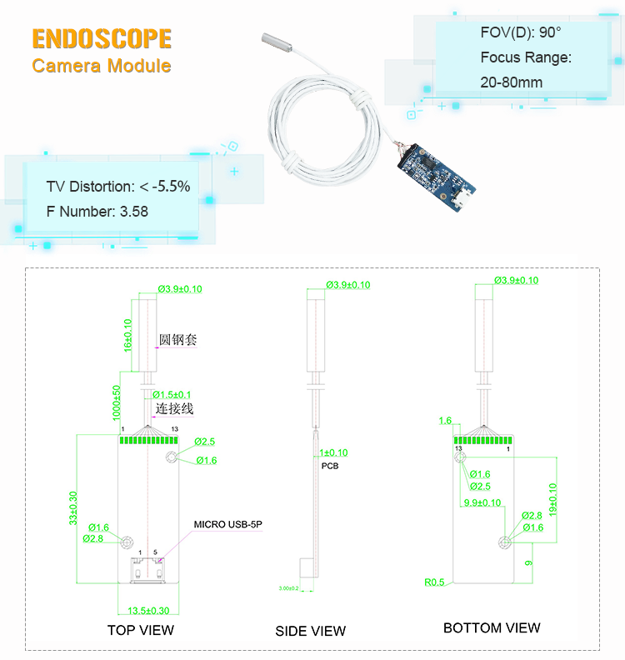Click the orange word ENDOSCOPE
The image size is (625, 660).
102,39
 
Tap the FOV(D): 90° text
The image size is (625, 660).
521,33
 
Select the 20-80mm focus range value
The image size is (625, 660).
512,82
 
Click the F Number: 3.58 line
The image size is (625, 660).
97,212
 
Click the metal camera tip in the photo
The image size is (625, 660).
274,42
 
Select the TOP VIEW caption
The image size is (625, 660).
141,630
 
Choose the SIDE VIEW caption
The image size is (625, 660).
310,632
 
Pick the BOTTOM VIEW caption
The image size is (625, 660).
492,628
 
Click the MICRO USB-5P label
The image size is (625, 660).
228,525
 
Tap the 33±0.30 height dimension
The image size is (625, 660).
74,508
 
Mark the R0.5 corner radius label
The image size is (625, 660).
434,582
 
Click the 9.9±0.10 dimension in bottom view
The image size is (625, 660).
482,502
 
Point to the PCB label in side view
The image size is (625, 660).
330,466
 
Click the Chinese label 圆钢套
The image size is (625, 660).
178,340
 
